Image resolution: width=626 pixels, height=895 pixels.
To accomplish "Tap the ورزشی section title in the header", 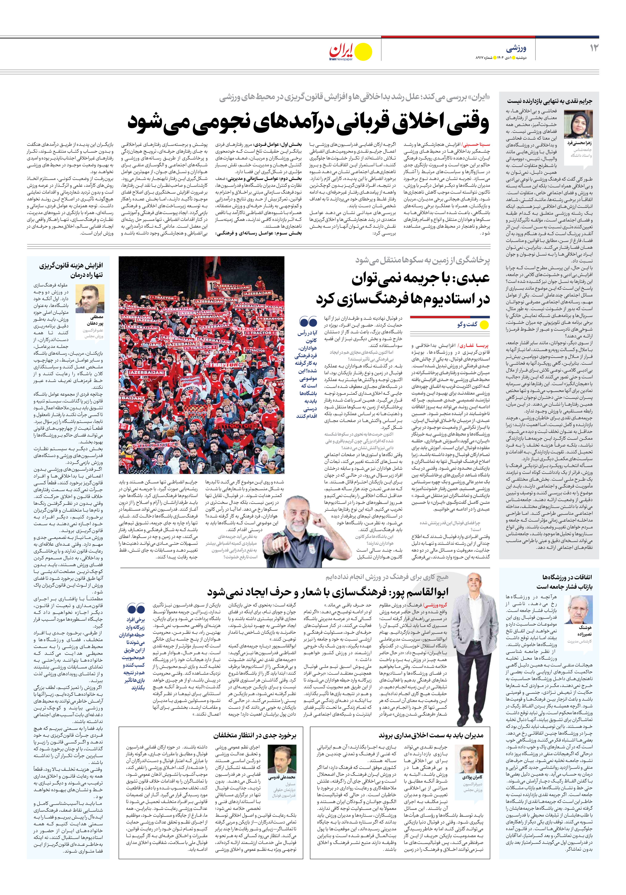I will click(516, 49).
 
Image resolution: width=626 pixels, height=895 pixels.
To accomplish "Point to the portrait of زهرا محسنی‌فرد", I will click(578, 124).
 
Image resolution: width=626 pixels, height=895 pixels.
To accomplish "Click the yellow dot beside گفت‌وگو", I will click(484, 324).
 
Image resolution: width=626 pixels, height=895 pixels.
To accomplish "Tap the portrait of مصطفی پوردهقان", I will click(90, 299).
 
